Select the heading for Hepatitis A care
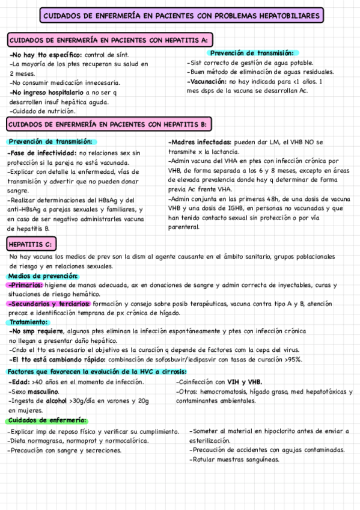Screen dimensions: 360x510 (109, 40)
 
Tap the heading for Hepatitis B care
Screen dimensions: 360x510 (109, 124)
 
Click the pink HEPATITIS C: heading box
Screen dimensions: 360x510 (32, 244)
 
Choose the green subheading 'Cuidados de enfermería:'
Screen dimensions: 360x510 (47, 420)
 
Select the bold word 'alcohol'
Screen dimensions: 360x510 (57, 401)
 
